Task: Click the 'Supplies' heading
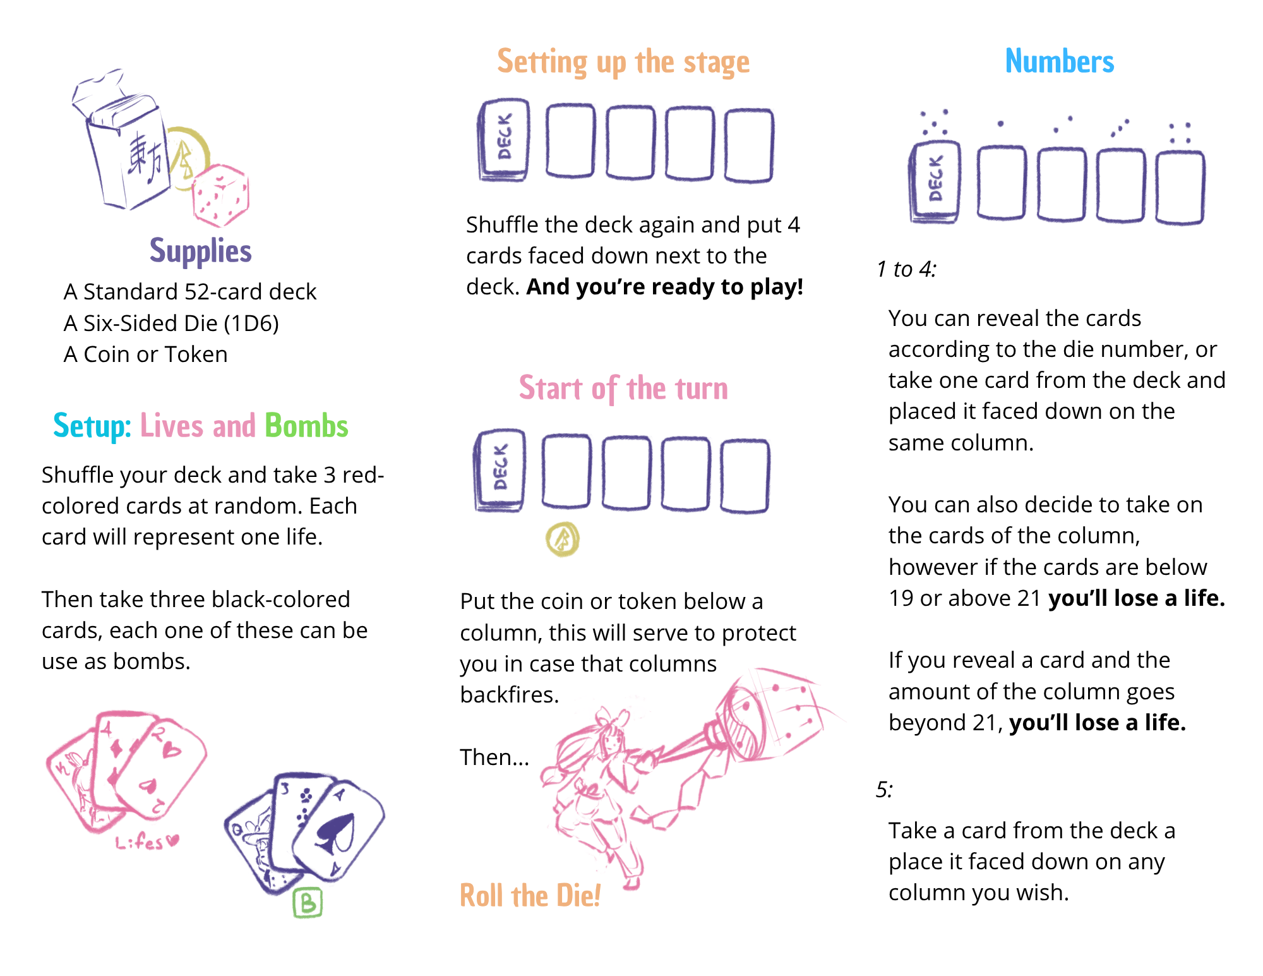pyautogui.click(x=200, y=251)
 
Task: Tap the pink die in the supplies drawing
pyautogui.click(x=220, y=196)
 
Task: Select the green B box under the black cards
pyautogui.click(x=308, y=903)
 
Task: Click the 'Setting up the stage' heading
pyautogui.click(x=623, y=63)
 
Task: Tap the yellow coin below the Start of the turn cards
pyautogui.click(x=563, y=539)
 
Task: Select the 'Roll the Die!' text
pyautogui.click(x=530, y=895)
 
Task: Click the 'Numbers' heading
pyautogui.click(x=1060, y=61)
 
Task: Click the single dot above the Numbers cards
pyautogui.click(x=1000, y=124)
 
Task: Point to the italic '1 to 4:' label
pyautogui.click(x=906, y=269)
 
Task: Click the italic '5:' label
pyautogui.click(x=884, y=790)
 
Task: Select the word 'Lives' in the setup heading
pyautogui.click(x=172, y=426)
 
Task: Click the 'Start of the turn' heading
pyautogui.click(x=623, y=389)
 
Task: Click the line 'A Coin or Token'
pyautogui.click(x=146, y=354)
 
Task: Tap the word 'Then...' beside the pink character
pyautogui.click(x=494, y=757)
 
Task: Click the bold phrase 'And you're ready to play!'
pyautogui.click(x=665, y=287)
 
